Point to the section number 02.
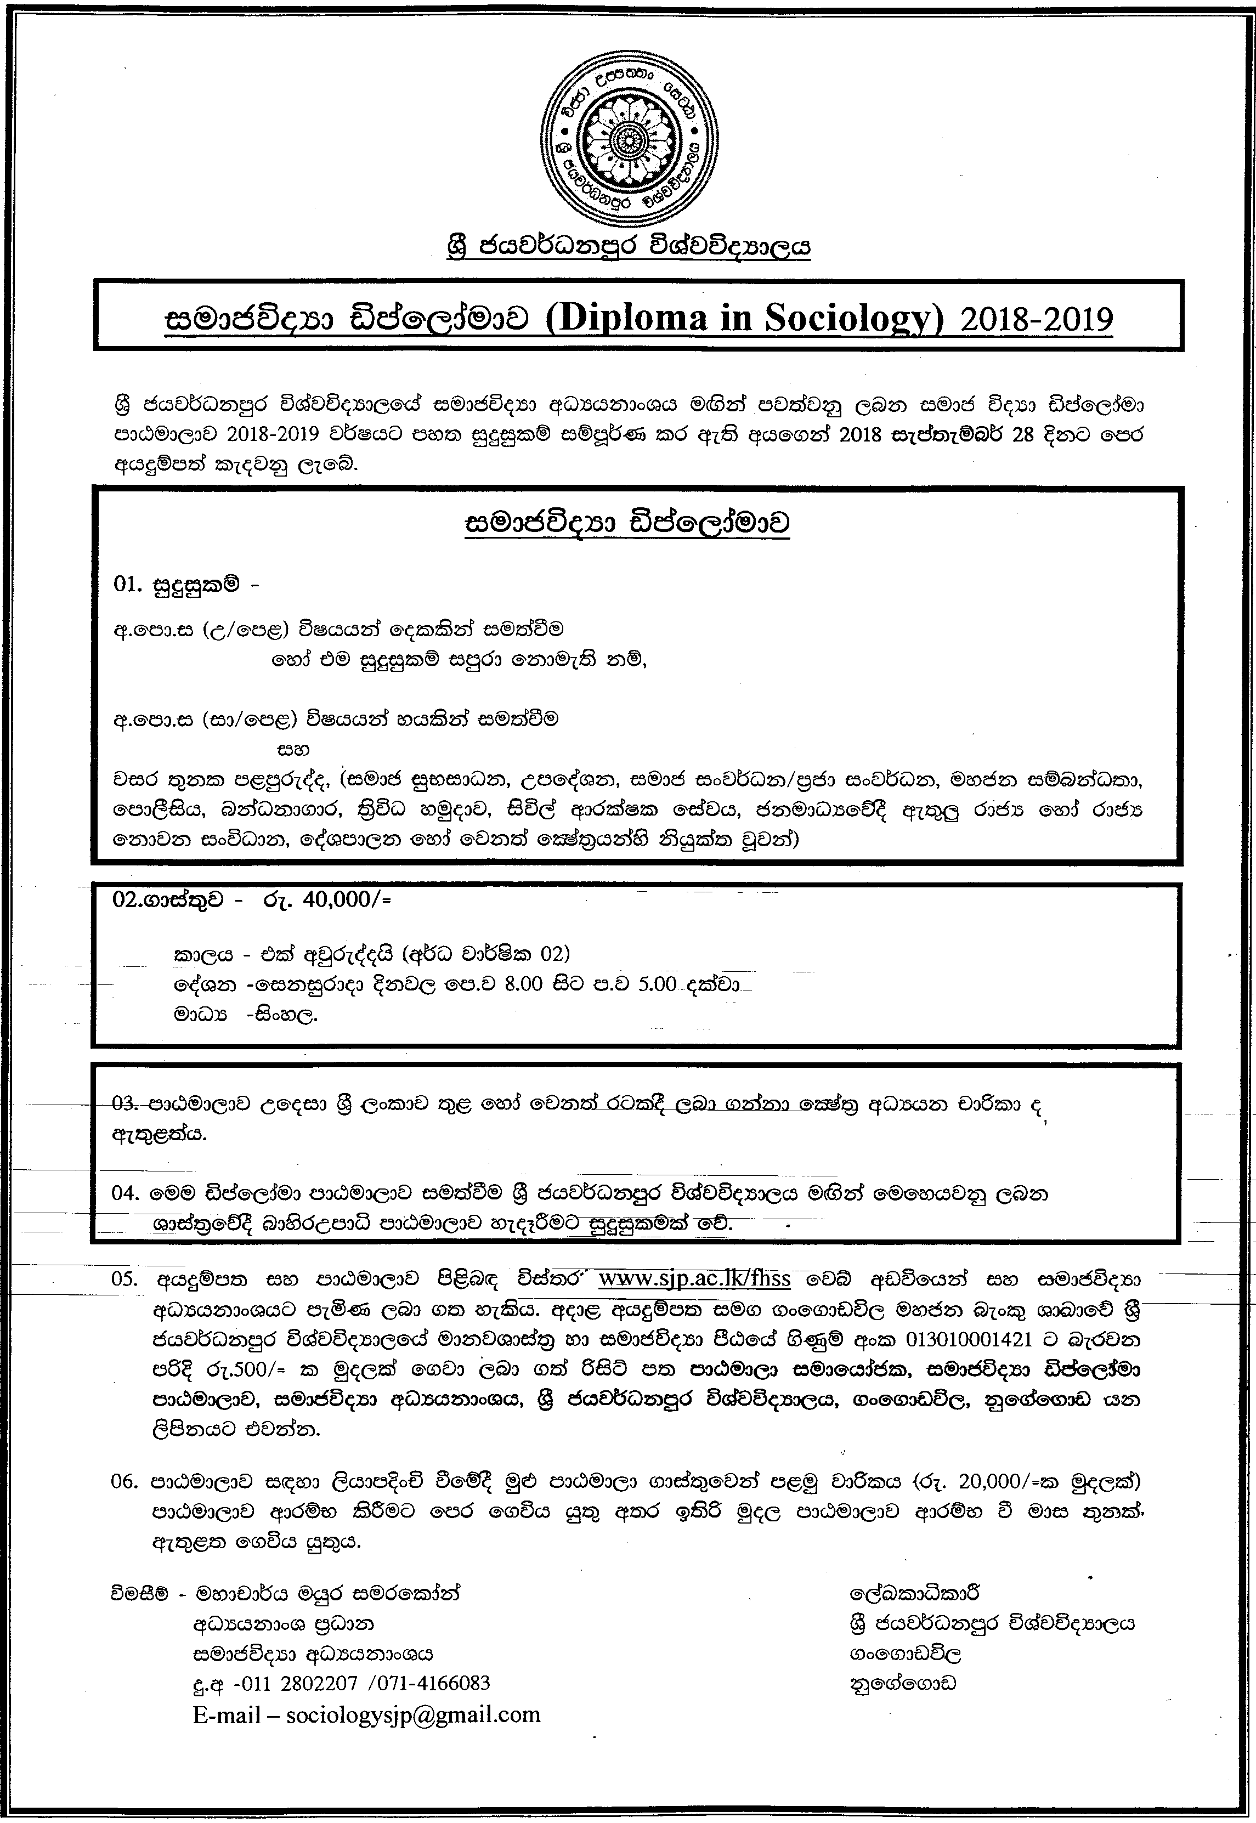(126, 899)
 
